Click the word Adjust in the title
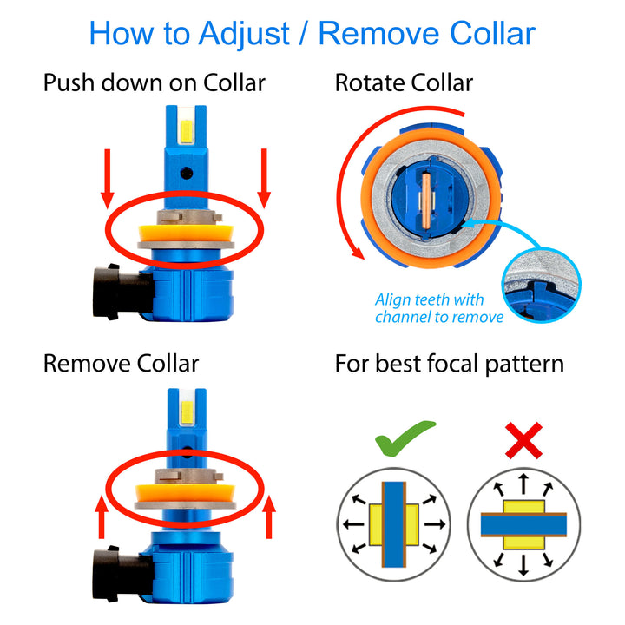click(x=244, y=35)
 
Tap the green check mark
click(x=405, y=437)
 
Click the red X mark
click(x=523, y=440)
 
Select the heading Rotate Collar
click(x=404, y=83)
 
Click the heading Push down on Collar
click(x=155, y=83)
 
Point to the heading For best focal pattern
click(x=450, y=365)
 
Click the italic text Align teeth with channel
click(x=438, y=308)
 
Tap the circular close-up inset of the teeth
click(x=542, y=285)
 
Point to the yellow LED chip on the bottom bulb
click(x=187, y=412)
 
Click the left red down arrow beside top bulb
click(x=108, y=179)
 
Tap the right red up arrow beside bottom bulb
click(x=269, y=516)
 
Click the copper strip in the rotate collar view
click(x=426, y=201)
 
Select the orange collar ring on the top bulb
click(x=186, y=234)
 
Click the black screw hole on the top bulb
click(x=187, y=174)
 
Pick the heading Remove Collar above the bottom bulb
click(x=121, y=364)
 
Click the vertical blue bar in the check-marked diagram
click(x=394, y=524)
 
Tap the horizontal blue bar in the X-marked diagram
click(x=523, y=524)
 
